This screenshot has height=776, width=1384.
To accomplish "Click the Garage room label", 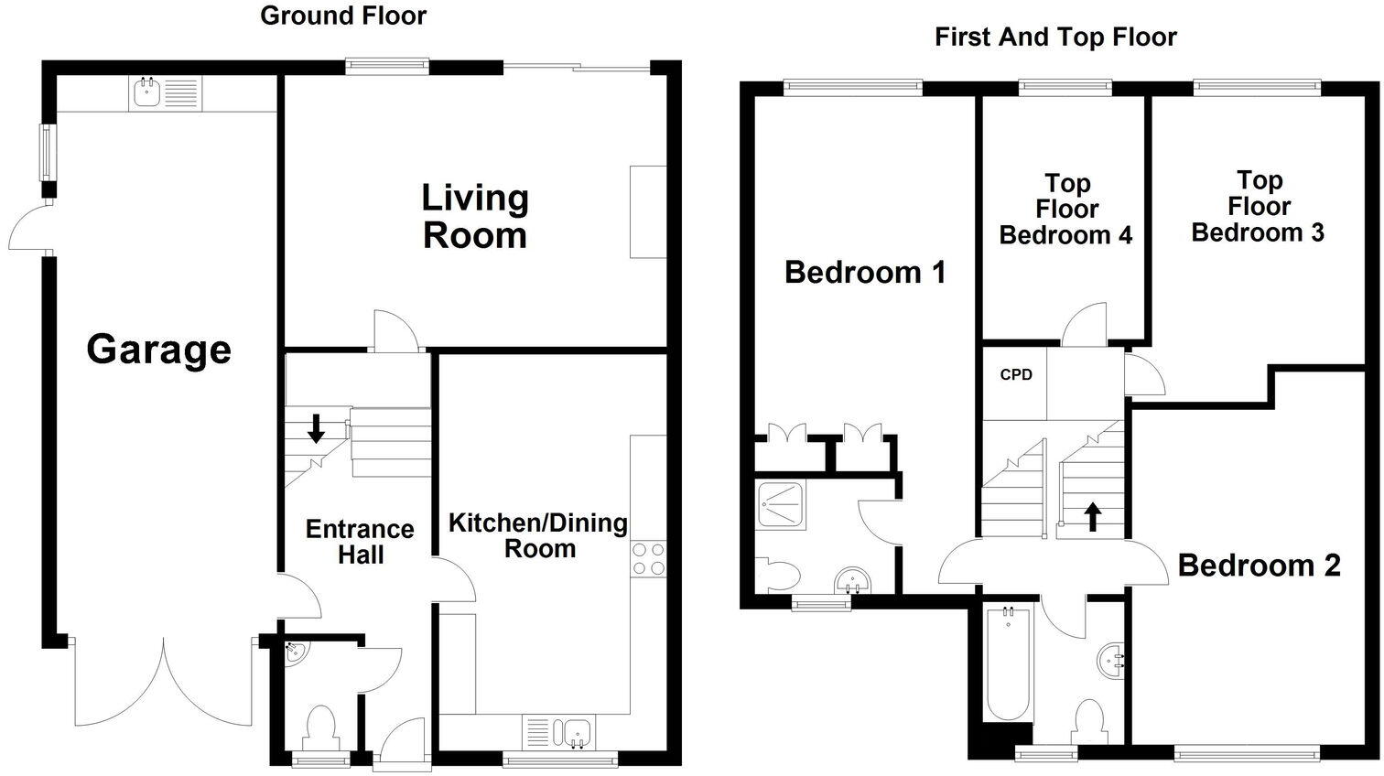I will coord(158,350).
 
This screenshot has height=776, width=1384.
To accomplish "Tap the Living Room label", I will coord(474,217).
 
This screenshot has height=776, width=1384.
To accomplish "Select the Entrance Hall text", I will coord(360,542).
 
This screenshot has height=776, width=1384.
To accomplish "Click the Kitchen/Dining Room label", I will coord(538,535).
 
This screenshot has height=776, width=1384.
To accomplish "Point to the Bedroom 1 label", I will coord(865,272).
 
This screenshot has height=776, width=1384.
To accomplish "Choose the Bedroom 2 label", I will coord(1259,566).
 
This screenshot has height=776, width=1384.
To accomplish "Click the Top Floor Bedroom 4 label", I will coord(1065,210).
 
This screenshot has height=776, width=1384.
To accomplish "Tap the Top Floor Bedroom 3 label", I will coord(1258,206).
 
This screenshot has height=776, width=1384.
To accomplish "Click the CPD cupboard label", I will coord(1016,374).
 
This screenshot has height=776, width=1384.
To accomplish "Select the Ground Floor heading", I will coord(343,16).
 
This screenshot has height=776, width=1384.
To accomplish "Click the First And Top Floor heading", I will coord(1055,37).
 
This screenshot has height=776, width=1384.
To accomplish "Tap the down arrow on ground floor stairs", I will coord(316,427).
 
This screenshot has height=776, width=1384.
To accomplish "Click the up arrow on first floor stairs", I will coord(1092,516).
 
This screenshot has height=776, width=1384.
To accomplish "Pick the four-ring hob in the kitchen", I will coord(649,558).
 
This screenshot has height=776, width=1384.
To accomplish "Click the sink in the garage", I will coord(145,92).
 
